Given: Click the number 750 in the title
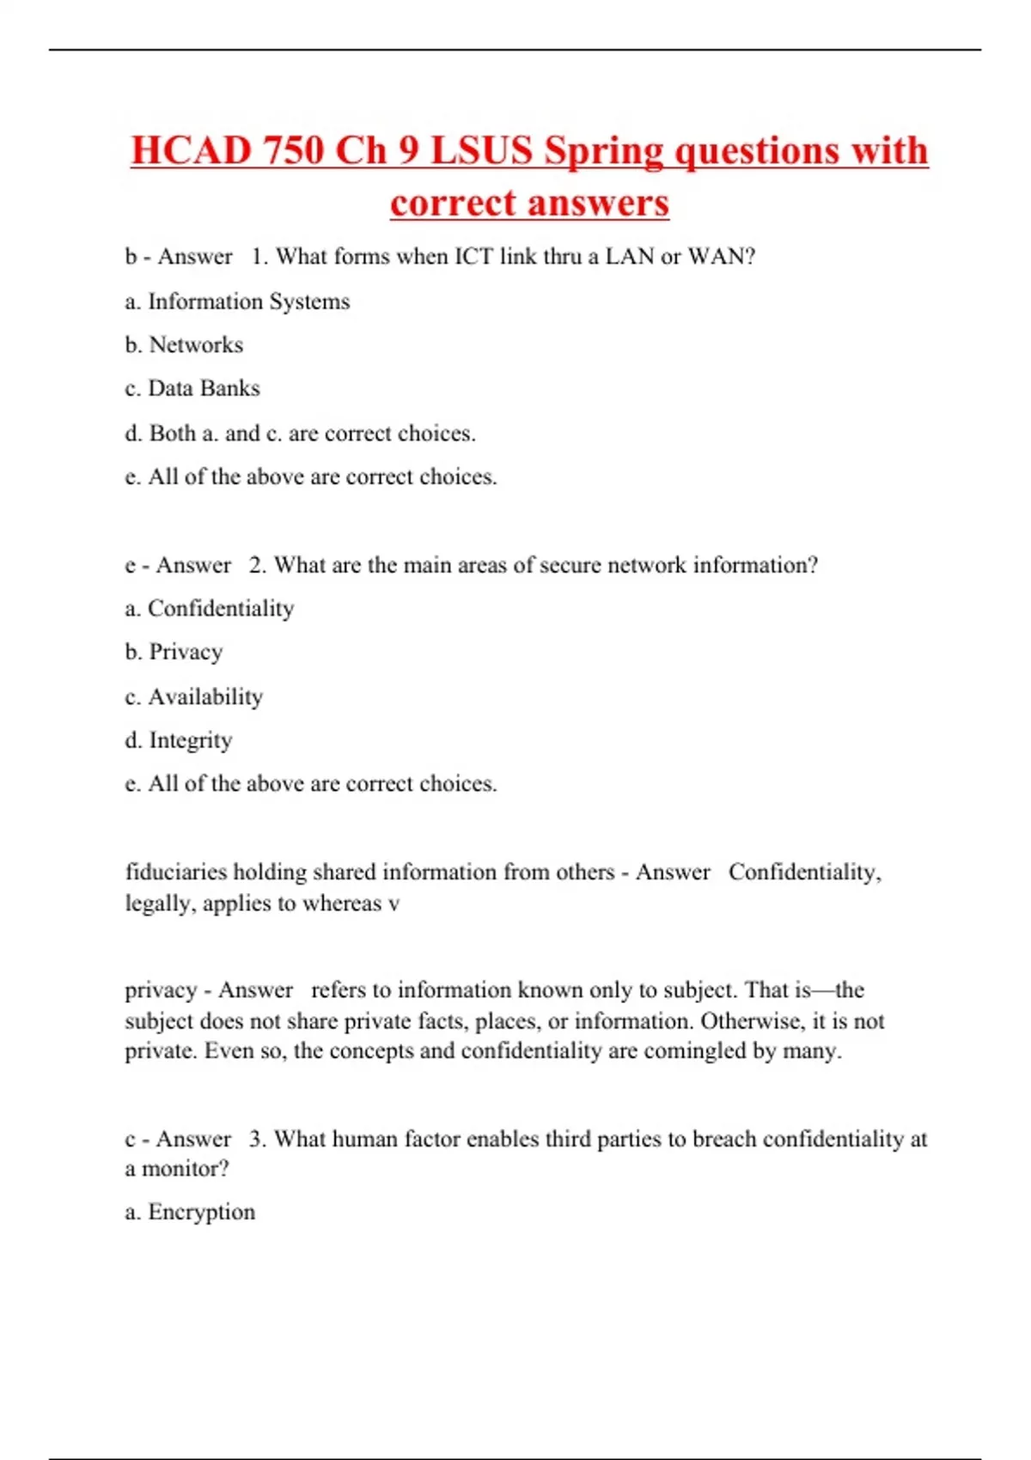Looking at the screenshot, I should coord(294,151).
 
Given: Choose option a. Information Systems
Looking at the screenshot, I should coord(237,301).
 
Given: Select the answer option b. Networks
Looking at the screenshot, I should coord(184,345).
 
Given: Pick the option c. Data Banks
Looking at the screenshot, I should coord(192,388).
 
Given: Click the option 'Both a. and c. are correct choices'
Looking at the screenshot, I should coord(300,433).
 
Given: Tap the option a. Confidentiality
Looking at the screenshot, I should coord(210,609).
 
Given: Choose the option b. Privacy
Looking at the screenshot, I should coord(174,653).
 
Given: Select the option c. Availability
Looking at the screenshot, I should coord(194,697).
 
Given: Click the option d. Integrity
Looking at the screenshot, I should coord(179,740).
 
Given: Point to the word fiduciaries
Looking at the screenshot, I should coord(176,873).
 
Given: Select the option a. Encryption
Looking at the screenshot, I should coord(190,1212).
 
